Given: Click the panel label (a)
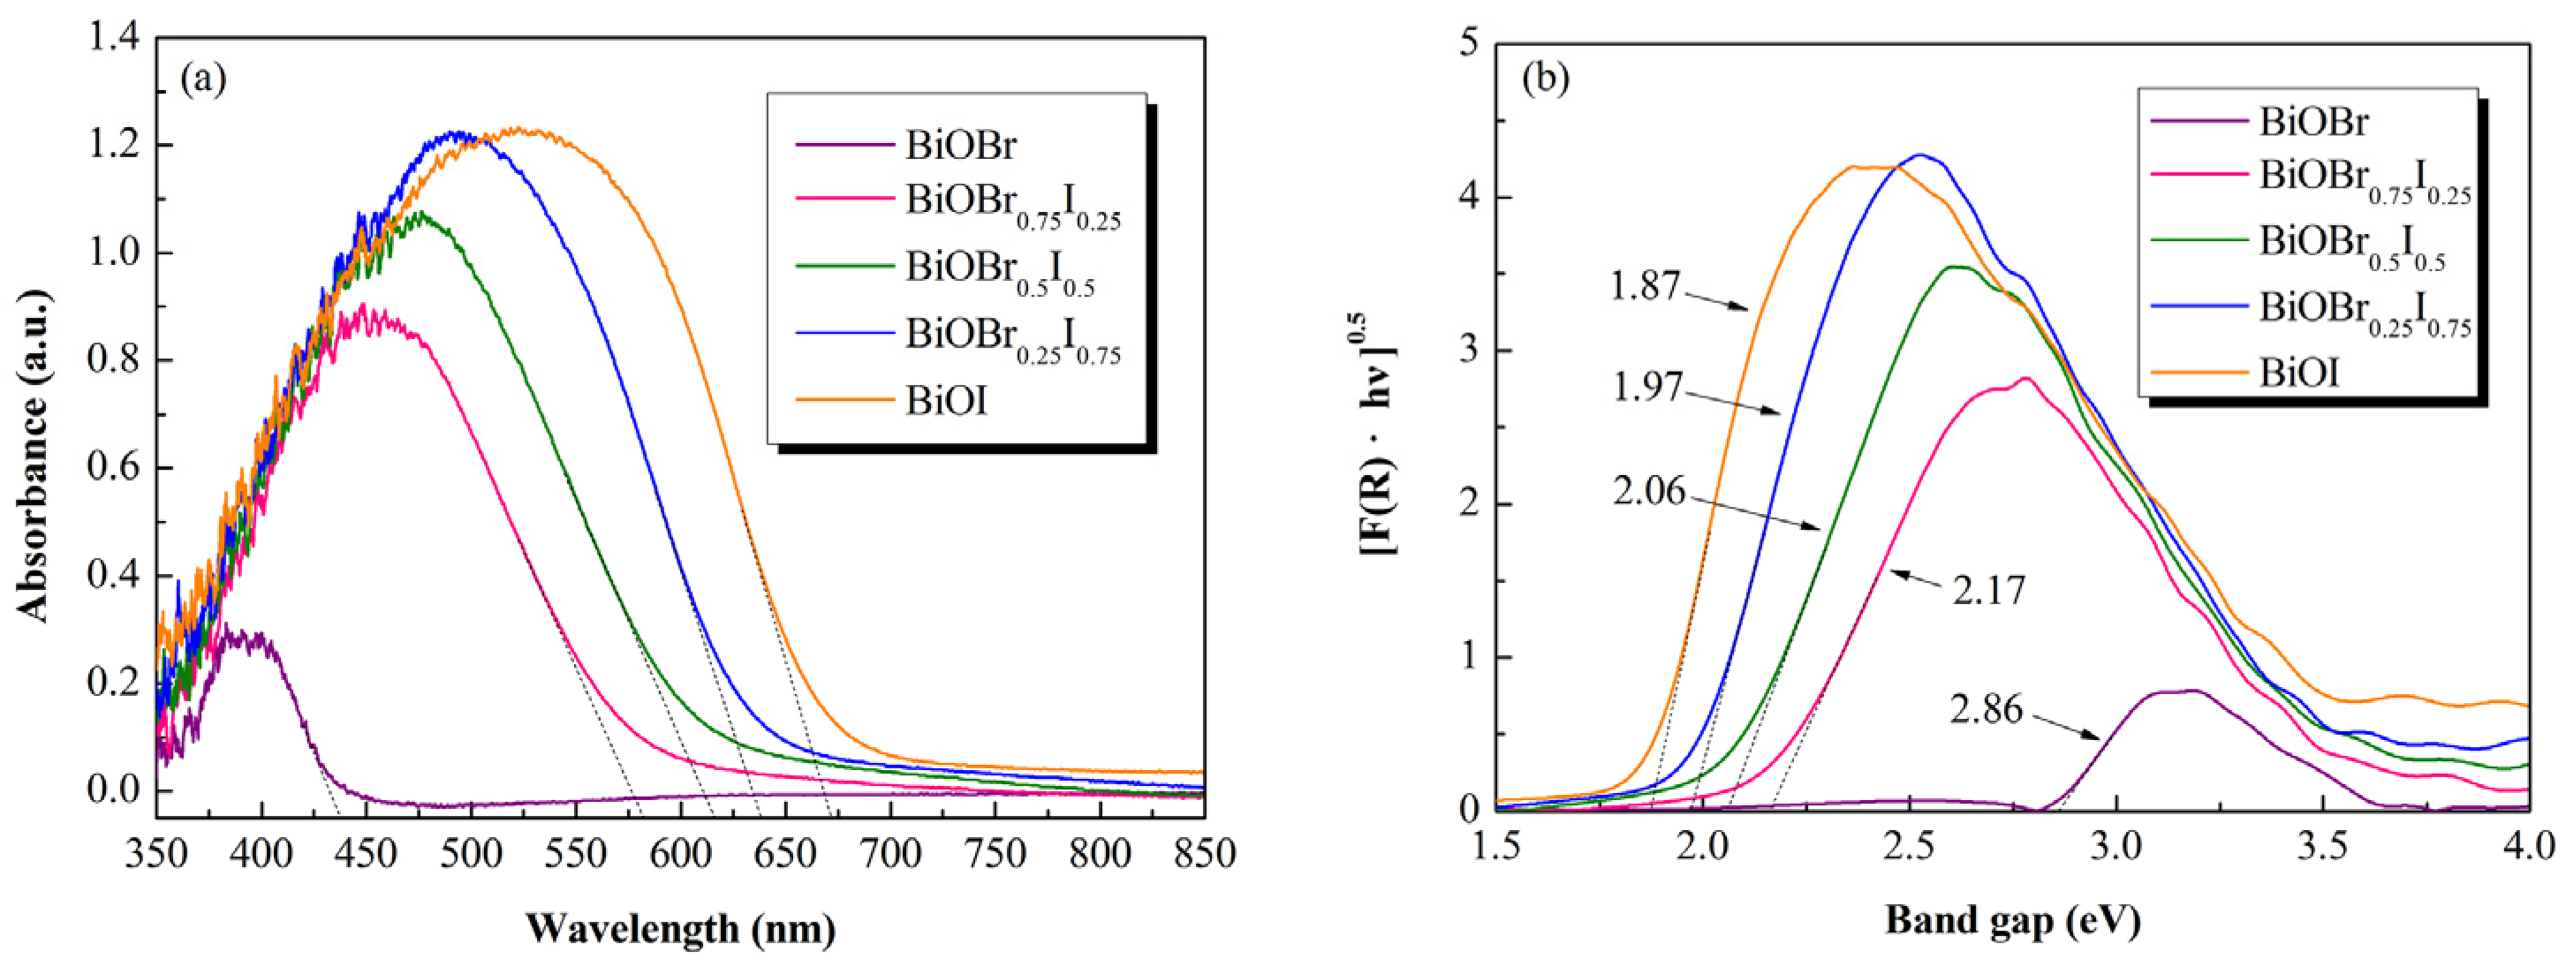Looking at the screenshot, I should (x=203, y=79).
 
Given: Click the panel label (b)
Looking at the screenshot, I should (x=1545, y=79).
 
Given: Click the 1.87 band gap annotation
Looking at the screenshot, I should (x=1645, y=288).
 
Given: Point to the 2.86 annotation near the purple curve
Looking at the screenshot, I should (x=1986, y=709).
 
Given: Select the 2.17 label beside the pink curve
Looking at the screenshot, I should (x=1988, y=591).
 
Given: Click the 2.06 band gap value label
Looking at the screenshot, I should (x=1648, y=492).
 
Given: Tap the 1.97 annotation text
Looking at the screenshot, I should (x=1648, y=387).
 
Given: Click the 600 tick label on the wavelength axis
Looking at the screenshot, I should (x=681, y=854).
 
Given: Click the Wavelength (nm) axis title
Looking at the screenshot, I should (x=680, y=929).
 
